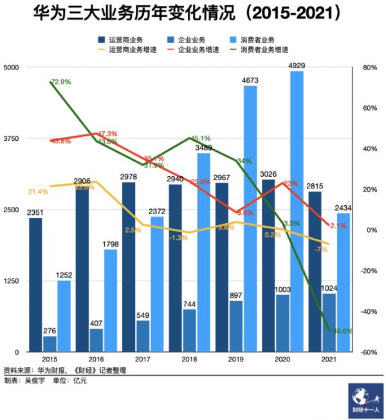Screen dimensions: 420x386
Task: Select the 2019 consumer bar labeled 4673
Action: (x=250, y=218)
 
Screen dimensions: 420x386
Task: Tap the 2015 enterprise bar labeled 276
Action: (x=50, y=343)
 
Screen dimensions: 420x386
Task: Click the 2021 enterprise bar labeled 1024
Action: (x=329, y=322)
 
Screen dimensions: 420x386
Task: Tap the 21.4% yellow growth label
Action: (x=39, y=192)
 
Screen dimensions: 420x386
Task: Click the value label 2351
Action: (x=35, y=213)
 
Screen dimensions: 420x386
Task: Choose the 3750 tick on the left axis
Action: (x=12, y=138)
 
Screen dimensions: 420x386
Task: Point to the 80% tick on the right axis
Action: (x=369, y=68)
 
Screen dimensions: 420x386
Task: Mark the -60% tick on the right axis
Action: (x=369, y=352)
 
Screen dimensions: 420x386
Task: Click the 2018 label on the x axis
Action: (x=190, y=360)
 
